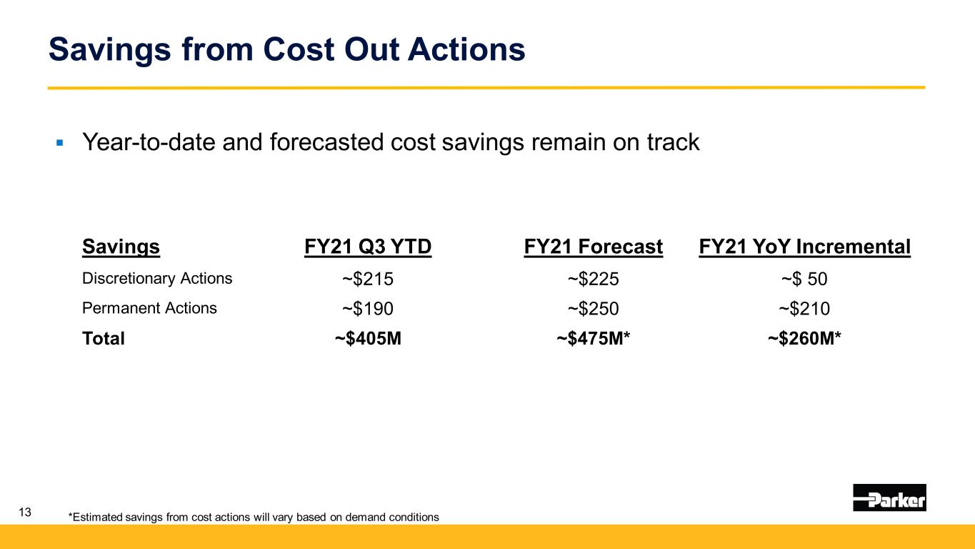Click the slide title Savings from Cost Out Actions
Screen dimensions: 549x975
(286, 50)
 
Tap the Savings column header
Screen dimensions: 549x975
(121, 247)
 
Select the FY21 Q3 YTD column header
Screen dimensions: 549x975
(368, 247)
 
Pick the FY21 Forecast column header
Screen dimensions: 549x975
(593, 247)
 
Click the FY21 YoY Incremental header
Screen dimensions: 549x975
(804, 247)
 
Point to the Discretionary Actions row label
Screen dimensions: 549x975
(157, 279)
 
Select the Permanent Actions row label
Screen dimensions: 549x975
(149, 308)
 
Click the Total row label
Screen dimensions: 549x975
(104, 339)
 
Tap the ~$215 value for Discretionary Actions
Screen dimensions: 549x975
(368, 280)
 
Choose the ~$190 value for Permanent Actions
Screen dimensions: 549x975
(368, 309)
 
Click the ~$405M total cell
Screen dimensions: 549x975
(368, 339)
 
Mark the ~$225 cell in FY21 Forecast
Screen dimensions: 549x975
(593, 280)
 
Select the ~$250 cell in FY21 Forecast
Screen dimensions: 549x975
(593, 309)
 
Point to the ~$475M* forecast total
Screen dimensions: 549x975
(593, 339)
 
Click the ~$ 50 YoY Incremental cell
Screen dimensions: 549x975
(804, 280)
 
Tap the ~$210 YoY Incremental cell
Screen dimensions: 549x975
(804, 309)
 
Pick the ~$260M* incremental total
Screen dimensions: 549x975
(804, 339)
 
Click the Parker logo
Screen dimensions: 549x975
(889, 498)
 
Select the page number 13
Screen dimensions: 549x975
(26, 512)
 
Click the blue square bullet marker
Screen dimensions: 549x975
(60, 144)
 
